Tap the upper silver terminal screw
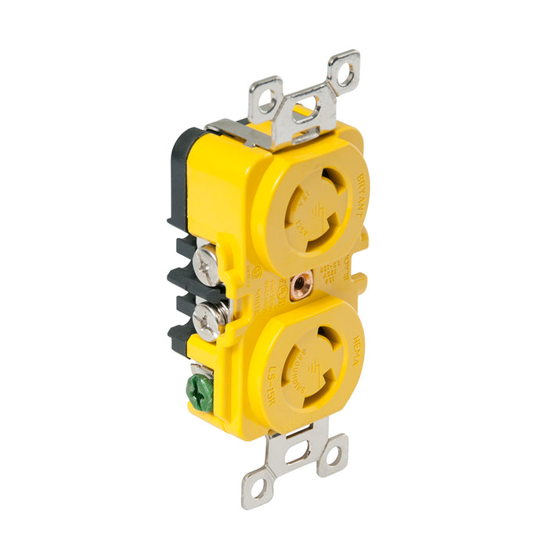207,266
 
